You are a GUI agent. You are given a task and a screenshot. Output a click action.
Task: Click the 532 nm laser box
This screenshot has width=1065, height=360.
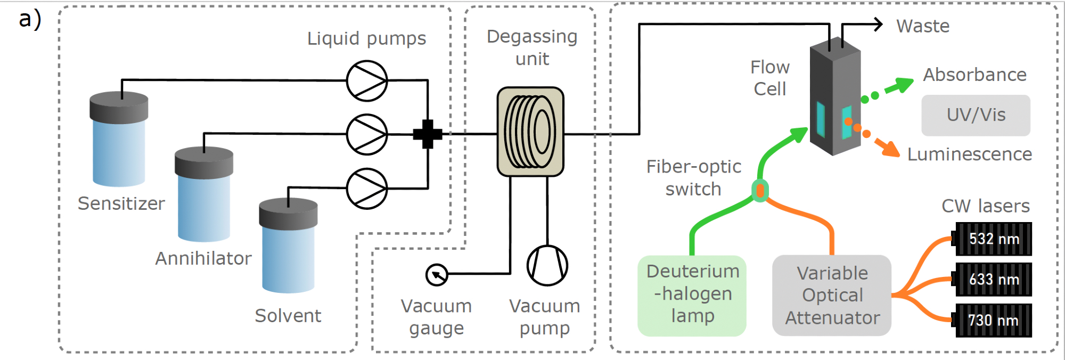(993, 239)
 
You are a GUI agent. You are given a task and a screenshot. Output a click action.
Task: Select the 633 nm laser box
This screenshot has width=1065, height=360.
(993, 280)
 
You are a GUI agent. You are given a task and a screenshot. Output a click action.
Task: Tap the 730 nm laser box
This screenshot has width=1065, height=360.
(993, 321)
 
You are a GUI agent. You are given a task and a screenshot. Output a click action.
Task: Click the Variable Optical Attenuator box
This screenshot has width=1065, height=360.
(832, 296)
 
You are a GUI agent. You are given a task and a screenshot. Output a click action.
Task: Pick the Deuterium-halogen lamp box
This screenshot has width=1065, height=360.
(692, 296)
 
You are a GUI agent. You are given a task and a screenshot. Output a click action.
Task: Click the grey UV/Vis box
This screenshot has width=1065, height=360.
(976, 115)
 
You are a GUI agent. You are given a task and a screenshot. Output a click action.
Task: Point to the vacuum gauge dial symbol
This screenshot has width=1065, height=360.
(437, 275)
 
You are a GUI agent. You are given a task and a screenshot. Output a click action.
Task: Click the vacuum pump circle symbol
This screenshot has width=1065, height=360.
(547, 265)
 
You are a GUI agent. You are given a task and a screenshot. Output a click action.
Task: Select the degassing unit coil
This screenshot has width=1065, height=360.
(530, 132)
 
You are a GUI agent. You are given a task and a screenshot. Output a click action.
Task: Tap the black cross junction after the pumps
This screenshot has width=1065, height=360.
(428, 134)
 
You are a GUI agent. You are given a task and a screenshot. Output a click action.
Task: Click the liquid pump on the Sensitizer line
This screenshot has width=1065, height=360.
(367, 81)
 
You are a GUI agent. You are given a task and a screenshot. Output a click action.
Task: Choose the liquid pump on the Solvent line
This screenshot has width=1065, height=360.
(367, 189)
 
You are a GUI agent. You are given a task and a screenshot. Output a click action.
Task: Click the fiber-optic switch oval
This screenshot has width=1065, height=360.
(760, 191)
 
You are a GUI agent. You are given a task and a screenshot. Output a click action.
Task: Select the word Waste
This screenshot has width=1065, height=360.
(922, 26)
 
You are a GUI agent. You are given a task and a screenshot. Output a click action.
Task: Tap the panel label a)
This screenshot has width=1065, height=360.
(30, 19)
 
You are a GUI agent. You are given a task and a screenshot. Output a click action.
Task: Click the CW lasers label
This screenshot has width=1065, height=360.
(985, 206)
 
